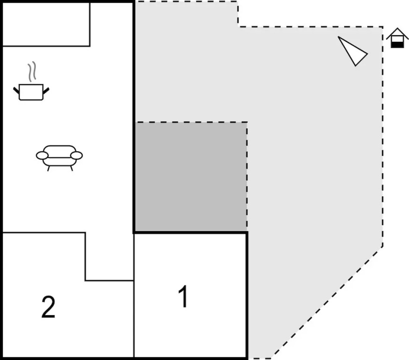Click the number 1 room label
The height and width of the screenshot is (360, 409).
click(184, 296)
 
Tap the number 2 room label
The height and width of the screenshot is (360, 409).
click(48, 307)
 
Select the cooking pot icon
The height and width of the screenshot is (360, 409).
click(31, 91)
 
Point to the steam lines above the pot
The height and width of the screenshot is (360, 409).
click(31, 73)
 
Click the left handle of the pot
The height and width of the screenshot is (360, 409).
click(16, 89)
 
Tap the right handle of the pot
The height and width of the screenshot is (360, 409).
click(46, 89)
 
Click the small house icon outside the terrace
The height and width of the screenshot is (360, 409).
click(397, 38)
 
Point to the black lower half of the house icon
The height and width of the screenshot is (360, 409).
click(397, 45)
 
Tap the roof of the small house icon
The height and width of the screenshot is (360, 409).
click(397, 33)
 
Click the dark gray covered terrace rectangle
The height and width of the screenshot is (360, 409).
click(191, 177)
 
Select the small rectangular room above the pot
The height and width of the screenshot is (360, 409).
click(46, 24)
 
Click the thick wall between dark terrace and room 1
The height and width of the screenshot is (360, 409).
click(191, 232)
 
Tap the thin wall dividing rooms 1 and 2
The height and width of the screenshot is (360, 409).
click(134, 319)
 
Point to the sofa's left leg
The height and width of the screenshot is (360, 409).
click(49, 168)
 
